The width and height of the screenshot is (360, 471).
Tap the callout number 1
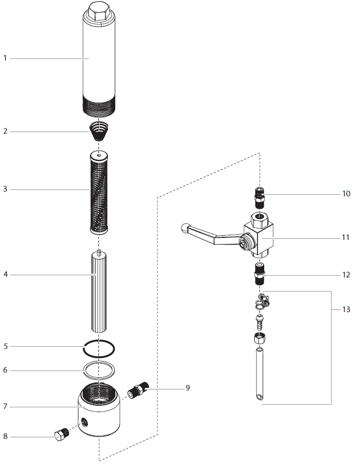point(5,58)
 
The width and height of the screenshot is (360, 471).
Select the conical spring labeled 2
point(99,131)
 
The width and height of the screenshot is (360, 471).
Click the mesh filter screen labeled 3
point(99,193)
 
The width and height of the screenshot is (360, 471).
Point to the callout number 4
point(5,274)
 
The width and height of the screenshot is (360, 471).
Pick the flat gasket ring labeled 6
point(99,370)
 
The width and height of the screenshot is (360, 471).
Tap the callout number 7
point(5,406)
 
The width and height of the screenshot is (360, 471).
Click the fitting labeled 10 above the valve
point(259,198)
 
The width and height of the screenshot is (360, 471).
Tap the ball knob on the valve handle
point(185,228)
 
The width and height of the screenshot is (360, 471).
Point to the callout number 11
point(346,237)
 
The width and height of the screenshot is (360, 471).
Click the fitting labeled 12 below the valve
point(259,274)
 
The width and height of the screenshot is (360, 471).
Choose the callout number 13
point(346,309)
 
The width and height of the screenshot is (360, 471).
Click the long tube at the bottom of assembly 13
point(259,374)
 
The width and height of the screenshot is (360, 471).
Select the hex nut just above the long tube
point(259,338)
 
